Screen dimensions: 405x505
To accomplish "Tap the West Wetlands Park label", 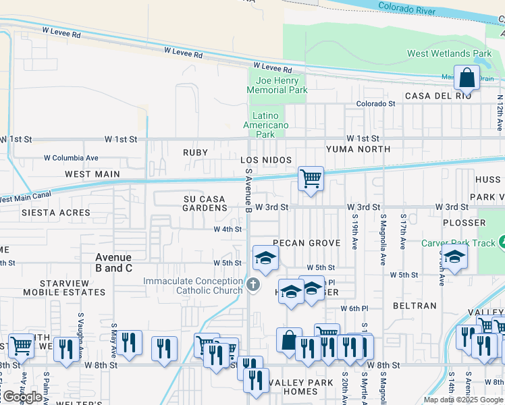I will click(x=449, y=53).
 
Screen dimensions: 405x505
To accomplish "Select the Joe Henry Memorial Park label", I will click(x=277, y=85).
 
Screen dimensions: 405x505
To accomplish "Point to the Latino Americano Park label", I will click(x=266, y=125).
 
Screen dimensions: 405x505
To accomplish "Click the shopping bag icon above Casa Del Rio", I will click(x=467, y=78).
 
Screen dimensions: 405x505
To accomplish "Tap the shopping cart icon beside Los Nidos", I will click(x=311, y=179).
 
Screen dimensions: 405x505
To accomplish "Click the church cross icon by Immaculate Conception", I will click(x=253, y=285).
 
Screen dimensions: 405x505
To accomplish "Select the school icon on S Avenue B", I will click(x=265, y=258).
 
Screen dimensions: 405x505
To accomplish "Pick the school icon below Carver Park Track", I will click(x=454, y=257).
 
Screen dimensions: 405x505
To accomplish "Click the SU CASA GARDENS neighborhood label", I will click(x=205, y=203).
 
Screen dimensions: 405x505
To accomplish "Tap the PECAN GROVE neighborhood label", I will click(x=304, y=242).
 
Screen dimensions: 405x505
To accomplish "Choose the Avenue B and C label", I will click(x=113, y=263).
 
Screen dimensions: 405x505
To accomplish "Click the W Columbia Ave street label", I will click(x=71, y=158).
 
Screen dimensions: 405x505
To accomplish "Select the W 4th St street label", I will click(x=228, y=230).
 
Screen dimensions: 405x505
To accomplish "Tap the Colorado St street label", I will click(x=375, y=104).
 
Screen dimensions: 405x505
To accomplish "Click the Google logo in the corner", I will click(x=22, y=397).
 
